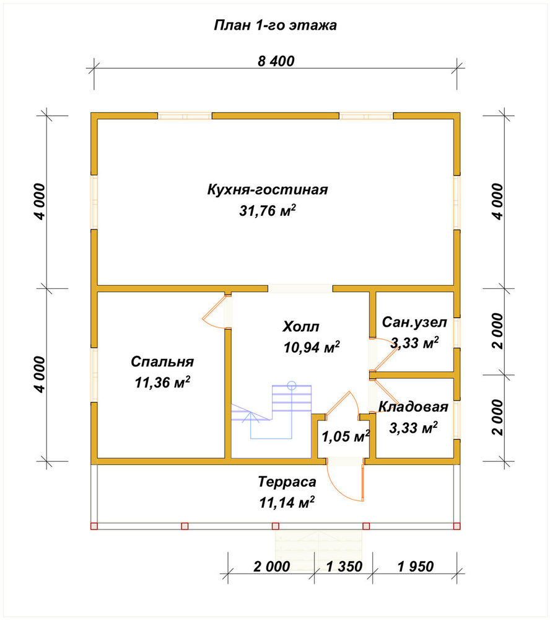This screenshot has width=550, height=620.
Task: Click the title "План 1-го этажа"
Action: point(276,25)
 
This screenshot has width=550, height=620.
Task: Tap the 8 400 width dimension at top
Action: point(276,61)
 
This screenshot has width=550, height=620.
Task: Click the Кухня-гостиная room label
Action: point(268,190)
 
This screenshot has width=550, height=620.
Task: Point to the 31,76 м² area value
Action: point(268,210)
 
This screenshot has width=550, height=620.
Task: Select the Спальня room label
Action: point(162,362)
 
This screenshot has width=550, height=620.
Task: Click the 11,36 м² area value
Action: point(162,382)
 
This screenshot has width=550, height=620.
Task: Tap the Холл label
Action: point(300,327)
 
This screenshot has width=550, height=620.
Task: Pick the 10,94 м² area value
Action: point(312,347)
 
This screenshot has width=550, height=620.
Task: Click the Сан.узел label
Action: point(414,322)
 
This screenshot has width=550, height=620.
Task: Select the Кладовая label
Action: point(413,407)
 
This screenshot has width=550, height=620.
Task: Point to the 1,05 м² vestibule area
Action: point(346,436)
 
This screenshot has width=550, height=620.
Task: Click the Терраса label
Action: point(287,482)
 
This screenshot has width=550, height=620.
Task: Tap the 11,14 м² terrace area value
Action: point(287,502)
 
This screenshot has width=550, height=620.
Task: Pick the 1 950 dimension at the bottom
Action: point(416,567)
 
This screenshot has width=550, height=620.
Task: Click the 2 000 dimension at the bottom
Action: point(272,567)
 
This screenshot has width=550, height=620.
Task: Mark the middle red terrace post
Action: point(276,526)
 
